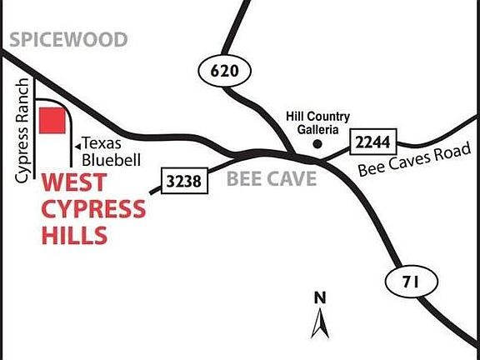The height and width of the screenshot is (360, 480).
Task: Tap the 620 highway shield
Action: (225, 72)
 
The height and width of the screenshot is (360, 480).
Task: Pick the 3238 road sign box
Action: (184, 179)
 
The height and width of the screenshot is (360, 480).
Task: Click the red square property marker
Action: (53, 120)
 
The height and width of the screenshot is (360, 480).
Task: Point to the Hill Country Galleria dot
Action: (317, 145)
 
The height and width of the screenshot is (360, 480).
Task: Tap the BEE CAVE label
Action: (271, 178)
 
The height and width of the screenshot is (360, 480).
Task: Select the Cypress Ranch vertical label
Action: (22, 132)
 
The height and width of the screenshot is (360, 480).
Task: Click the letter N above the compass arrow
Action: (319, 297)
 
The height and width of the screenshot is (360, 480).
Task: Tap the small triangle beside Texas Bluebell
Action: (77, 145)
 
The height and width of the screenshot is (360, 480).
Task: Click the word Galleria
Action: (317, 130)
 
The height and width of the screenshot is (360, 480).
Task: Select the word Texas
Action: (101, 143)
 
